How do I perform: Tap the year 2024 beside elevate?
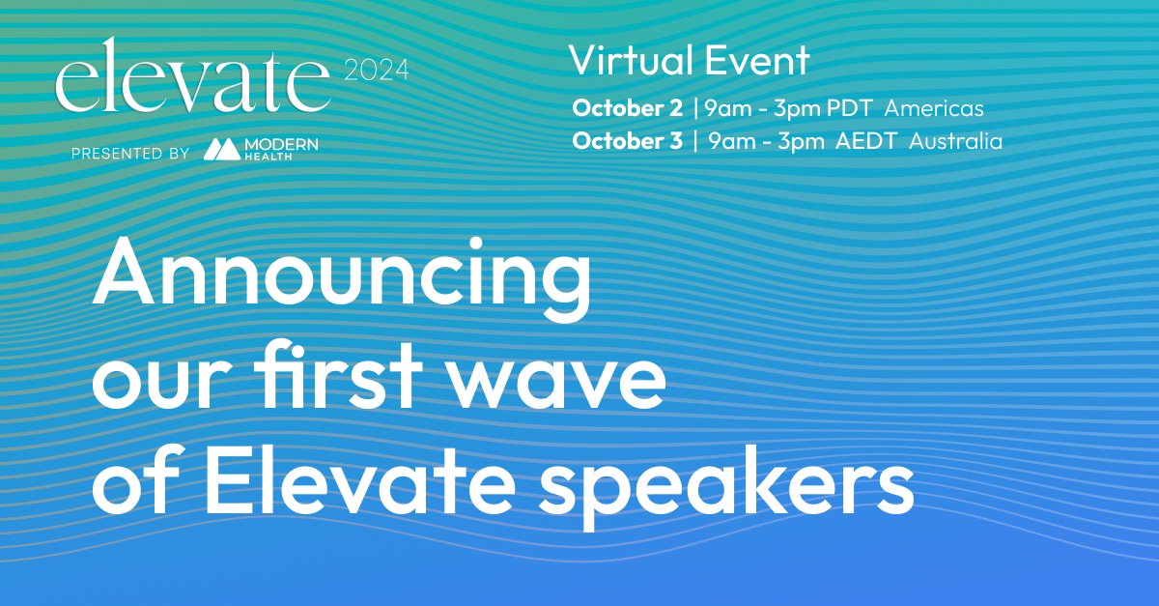(x=376, y=71)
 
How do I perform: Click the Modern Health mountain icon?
(x=221, y=149)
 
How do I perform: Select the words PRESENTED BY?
(x=130, y=154)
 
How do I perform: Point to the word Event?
(x=757, y=60)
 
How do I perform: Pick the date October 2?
(x=627, y=108)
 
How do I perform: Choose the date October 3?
(x=627, y=141)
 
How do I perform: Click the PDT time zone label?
(x=850, y=108)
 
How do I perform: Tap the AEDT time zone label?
(x=865, y=141)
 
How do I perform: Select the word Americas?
(x=934, y=108)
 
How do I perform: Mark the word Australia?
(x=955, y=141)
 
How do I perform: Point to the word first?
(x=339, y=374)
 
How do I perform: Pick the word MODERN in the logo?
(x=281, y=145)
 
